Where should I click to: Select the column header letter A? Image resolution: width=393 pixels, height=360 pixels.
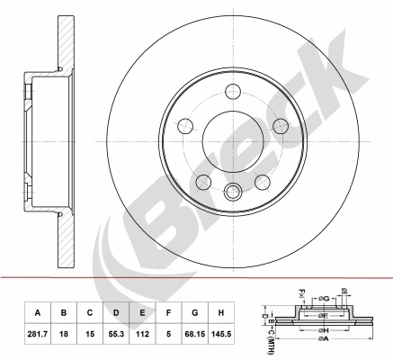point(37,312)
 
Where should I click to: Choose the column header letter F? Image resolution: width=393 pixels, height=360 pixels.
point(168,312)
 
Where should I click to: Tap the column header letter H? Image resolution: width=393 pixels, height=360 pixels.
point(221,312)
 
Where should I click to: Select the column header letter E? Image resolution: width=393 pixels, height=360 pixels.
point(142,312)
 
